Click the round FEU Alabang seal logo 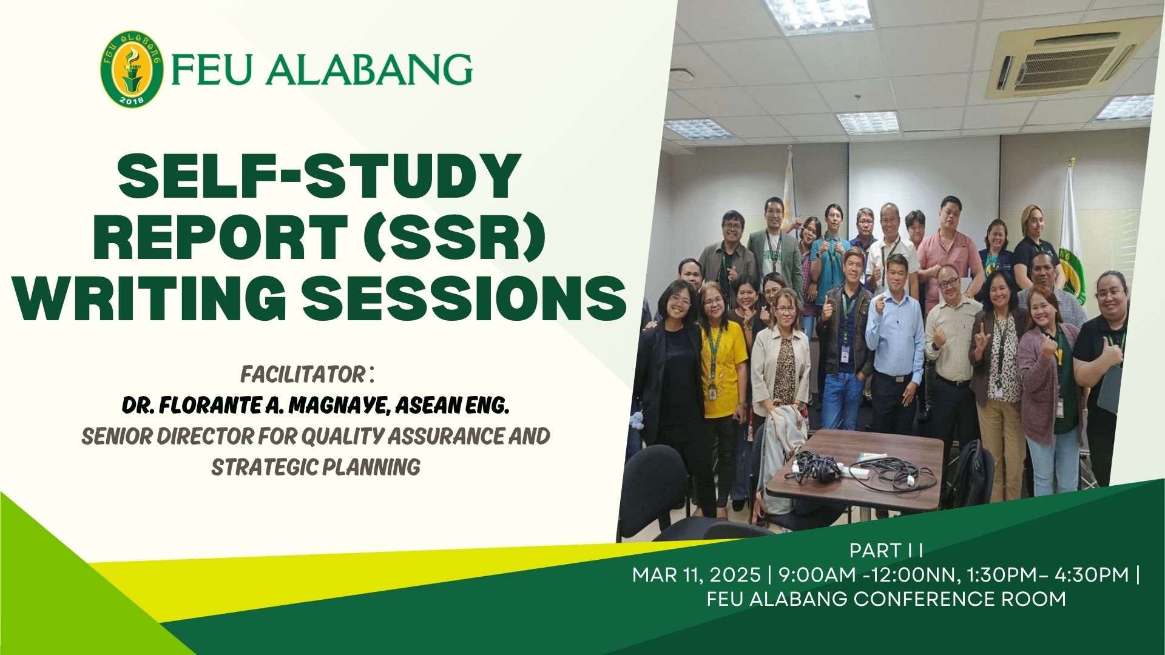tap(133, 69)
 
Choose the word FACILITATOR tap(302, 374)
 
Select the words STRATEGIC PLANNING tap(316, 467)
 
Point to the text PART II tap(886, 551)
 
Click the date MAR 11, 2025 tap(696, 574)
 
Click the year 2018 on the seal tap(132, 100)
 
